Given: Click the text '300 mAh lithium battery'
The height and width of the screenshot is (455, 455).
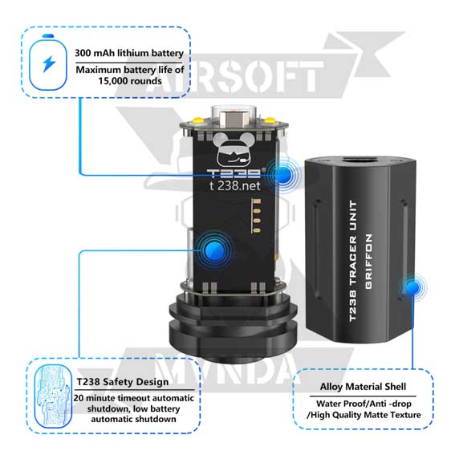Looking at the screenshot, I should [129, 53].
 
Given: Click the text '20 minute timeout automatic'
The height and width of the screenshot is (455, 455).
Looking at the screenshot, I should [133, 397].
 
